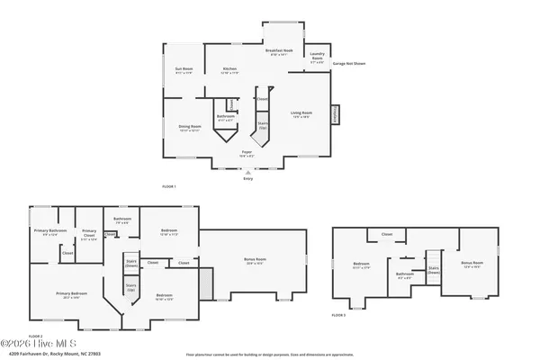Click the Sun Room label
pyautogui.click(x=183, y=70)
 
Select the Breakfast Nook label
pyautogui.click(x=283, y=53)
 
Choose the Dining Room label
pyautogui.click(x=188, y=128)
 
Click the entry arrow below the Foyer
pyautogui.click(x=248, y=170)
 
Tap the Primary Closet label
pyautogui.click(x=87, y=238)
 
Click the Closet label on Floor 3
pyautogui.click(x=387, y=235)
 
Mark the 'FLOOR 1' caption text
pyautogui.click(x=168, y=186)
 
